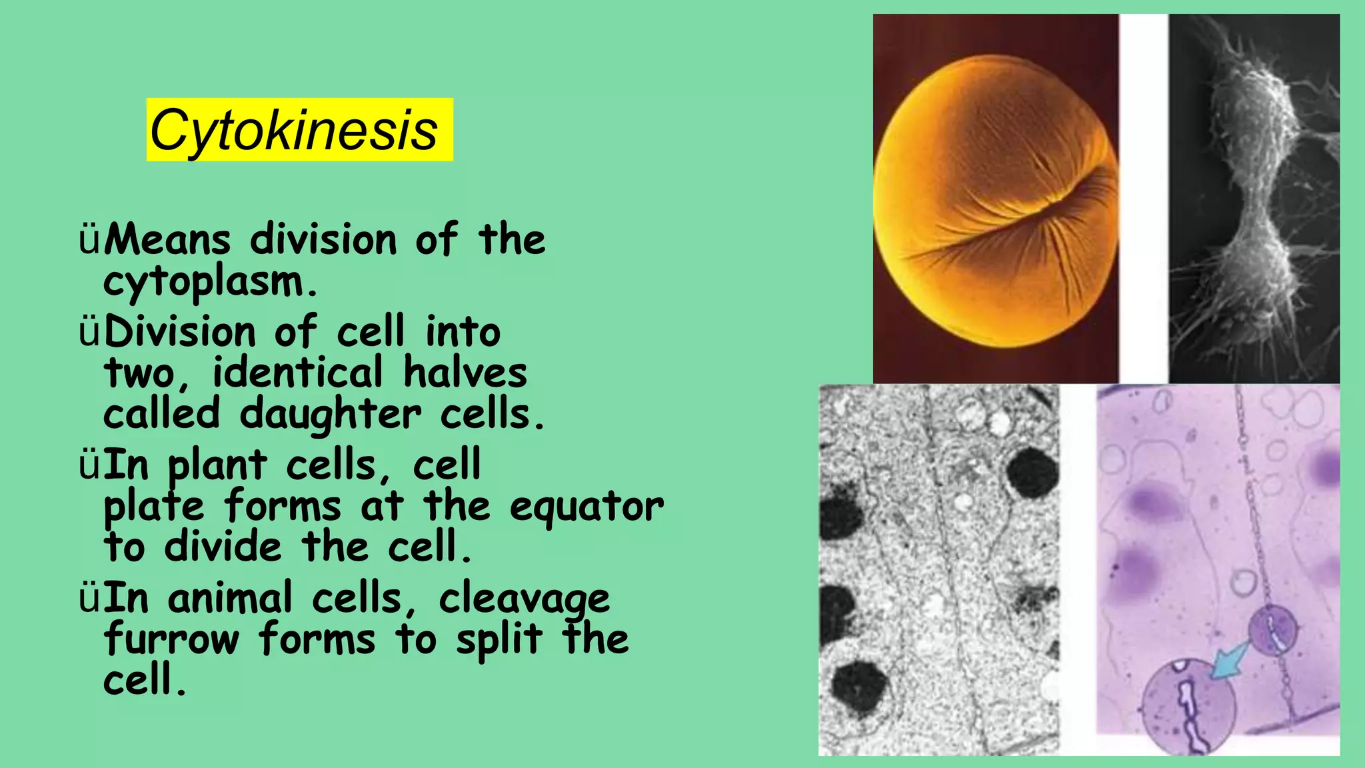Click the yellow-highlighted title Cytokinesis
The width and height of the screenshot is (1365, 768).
click(299, 130)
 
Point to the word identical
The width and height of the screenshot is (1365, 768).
click(298, 373)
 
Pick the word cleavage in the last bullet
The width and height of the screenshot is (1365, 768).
click(524, 599)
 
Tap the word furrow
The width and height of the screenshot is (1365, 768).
click(171, 639)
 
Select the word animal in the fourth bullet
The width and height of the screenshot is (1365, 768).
click(230, 598)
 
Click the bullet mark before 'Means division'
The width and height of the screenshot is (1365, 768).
click(89, 241)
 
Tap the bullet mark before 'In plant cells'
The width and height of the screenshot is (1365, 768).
click(89, 466)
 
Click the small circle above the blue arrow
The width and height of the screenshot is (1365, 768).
click(1272, 629)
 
